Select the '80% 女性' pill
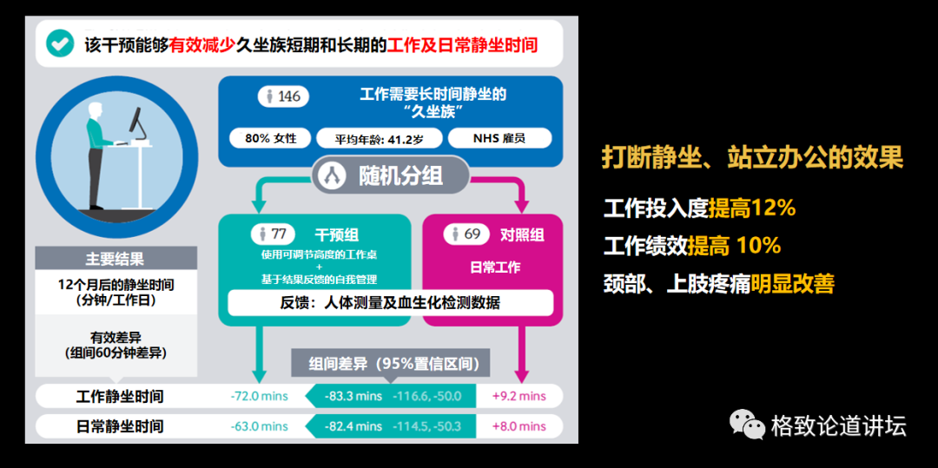click(270, 138)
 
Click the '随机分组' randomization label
click(391, 175)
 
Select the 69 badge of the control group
click(467, 234)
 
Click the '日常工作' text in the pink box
click(495, 267)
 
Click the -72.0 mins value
click(259, 396)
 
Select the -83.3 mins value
click(353, 396)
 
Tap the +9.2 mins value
click(519, 396)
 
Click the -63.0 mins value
click(259, 426)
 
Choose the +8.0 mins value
click(519, 426)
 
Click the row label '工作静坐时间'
click(120, 396)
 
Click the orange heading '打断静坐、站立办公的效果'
click(752, 157)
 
